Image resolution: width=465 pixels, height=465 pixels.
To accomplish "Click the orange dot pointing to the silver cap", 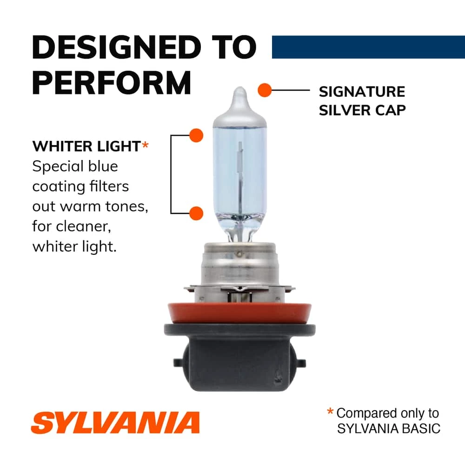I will coord(265,90).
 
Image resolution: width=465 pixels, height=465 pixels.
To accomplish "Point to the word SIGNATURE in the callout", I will coord(362,92).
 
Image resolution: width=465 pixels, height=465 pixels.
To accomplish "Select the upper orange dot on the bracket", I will coord(197,135).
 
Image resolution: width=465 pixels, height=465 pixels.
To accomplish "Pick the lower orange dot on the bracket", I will coord(197,213).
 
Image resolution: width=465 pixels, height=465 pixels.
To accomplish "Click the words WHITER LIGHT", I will coord(86,146).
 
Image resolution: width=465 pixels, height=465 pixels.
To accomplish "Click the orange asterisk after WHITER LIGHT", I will coord(145,146).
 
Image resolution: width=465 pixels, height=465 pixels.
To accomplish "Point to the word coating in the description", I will coord(58,186).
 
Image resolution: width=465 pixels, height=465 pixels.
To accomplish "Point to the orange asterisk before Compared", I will coord(330,412).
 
